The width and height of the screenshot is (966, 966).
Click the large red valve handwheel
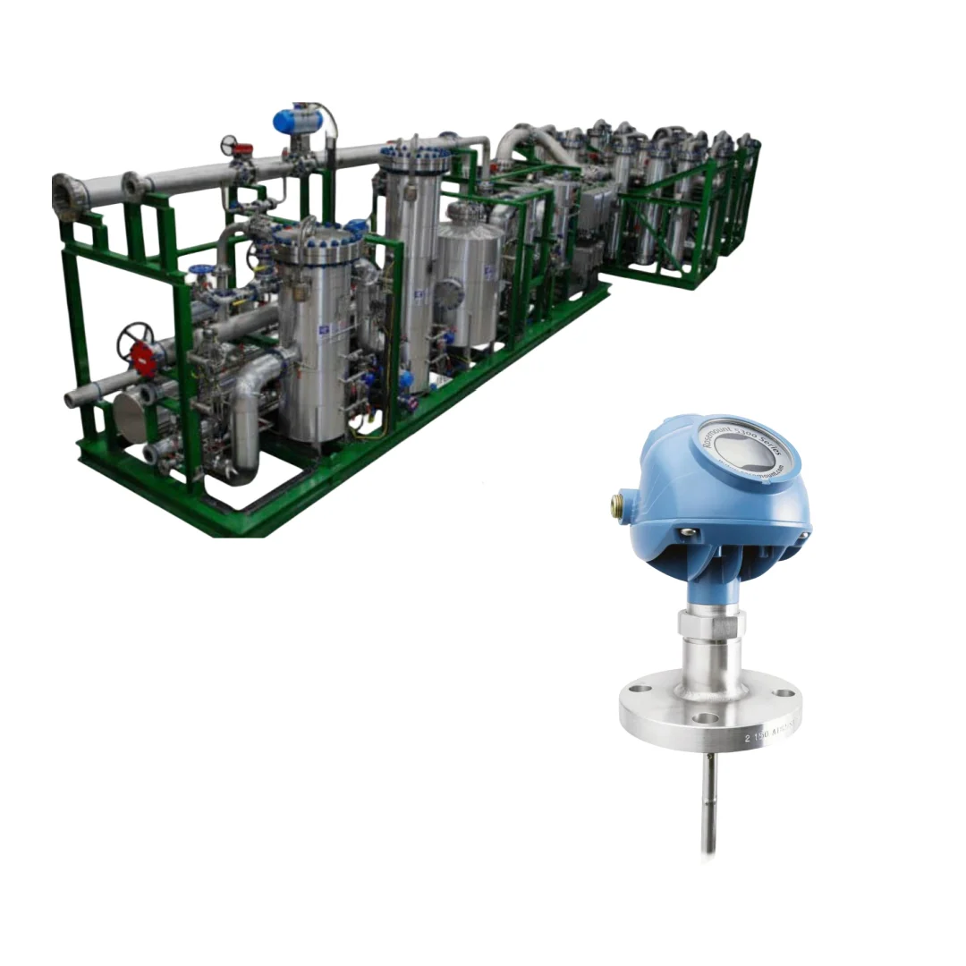point(137,341)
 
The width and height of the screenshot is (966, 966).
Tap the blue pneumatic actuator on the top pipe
point(295,119)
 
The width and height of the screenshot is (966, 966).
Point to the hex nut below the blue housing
point(711,622)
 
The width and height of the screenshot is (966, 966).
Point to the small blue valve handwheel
point(196,270)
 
